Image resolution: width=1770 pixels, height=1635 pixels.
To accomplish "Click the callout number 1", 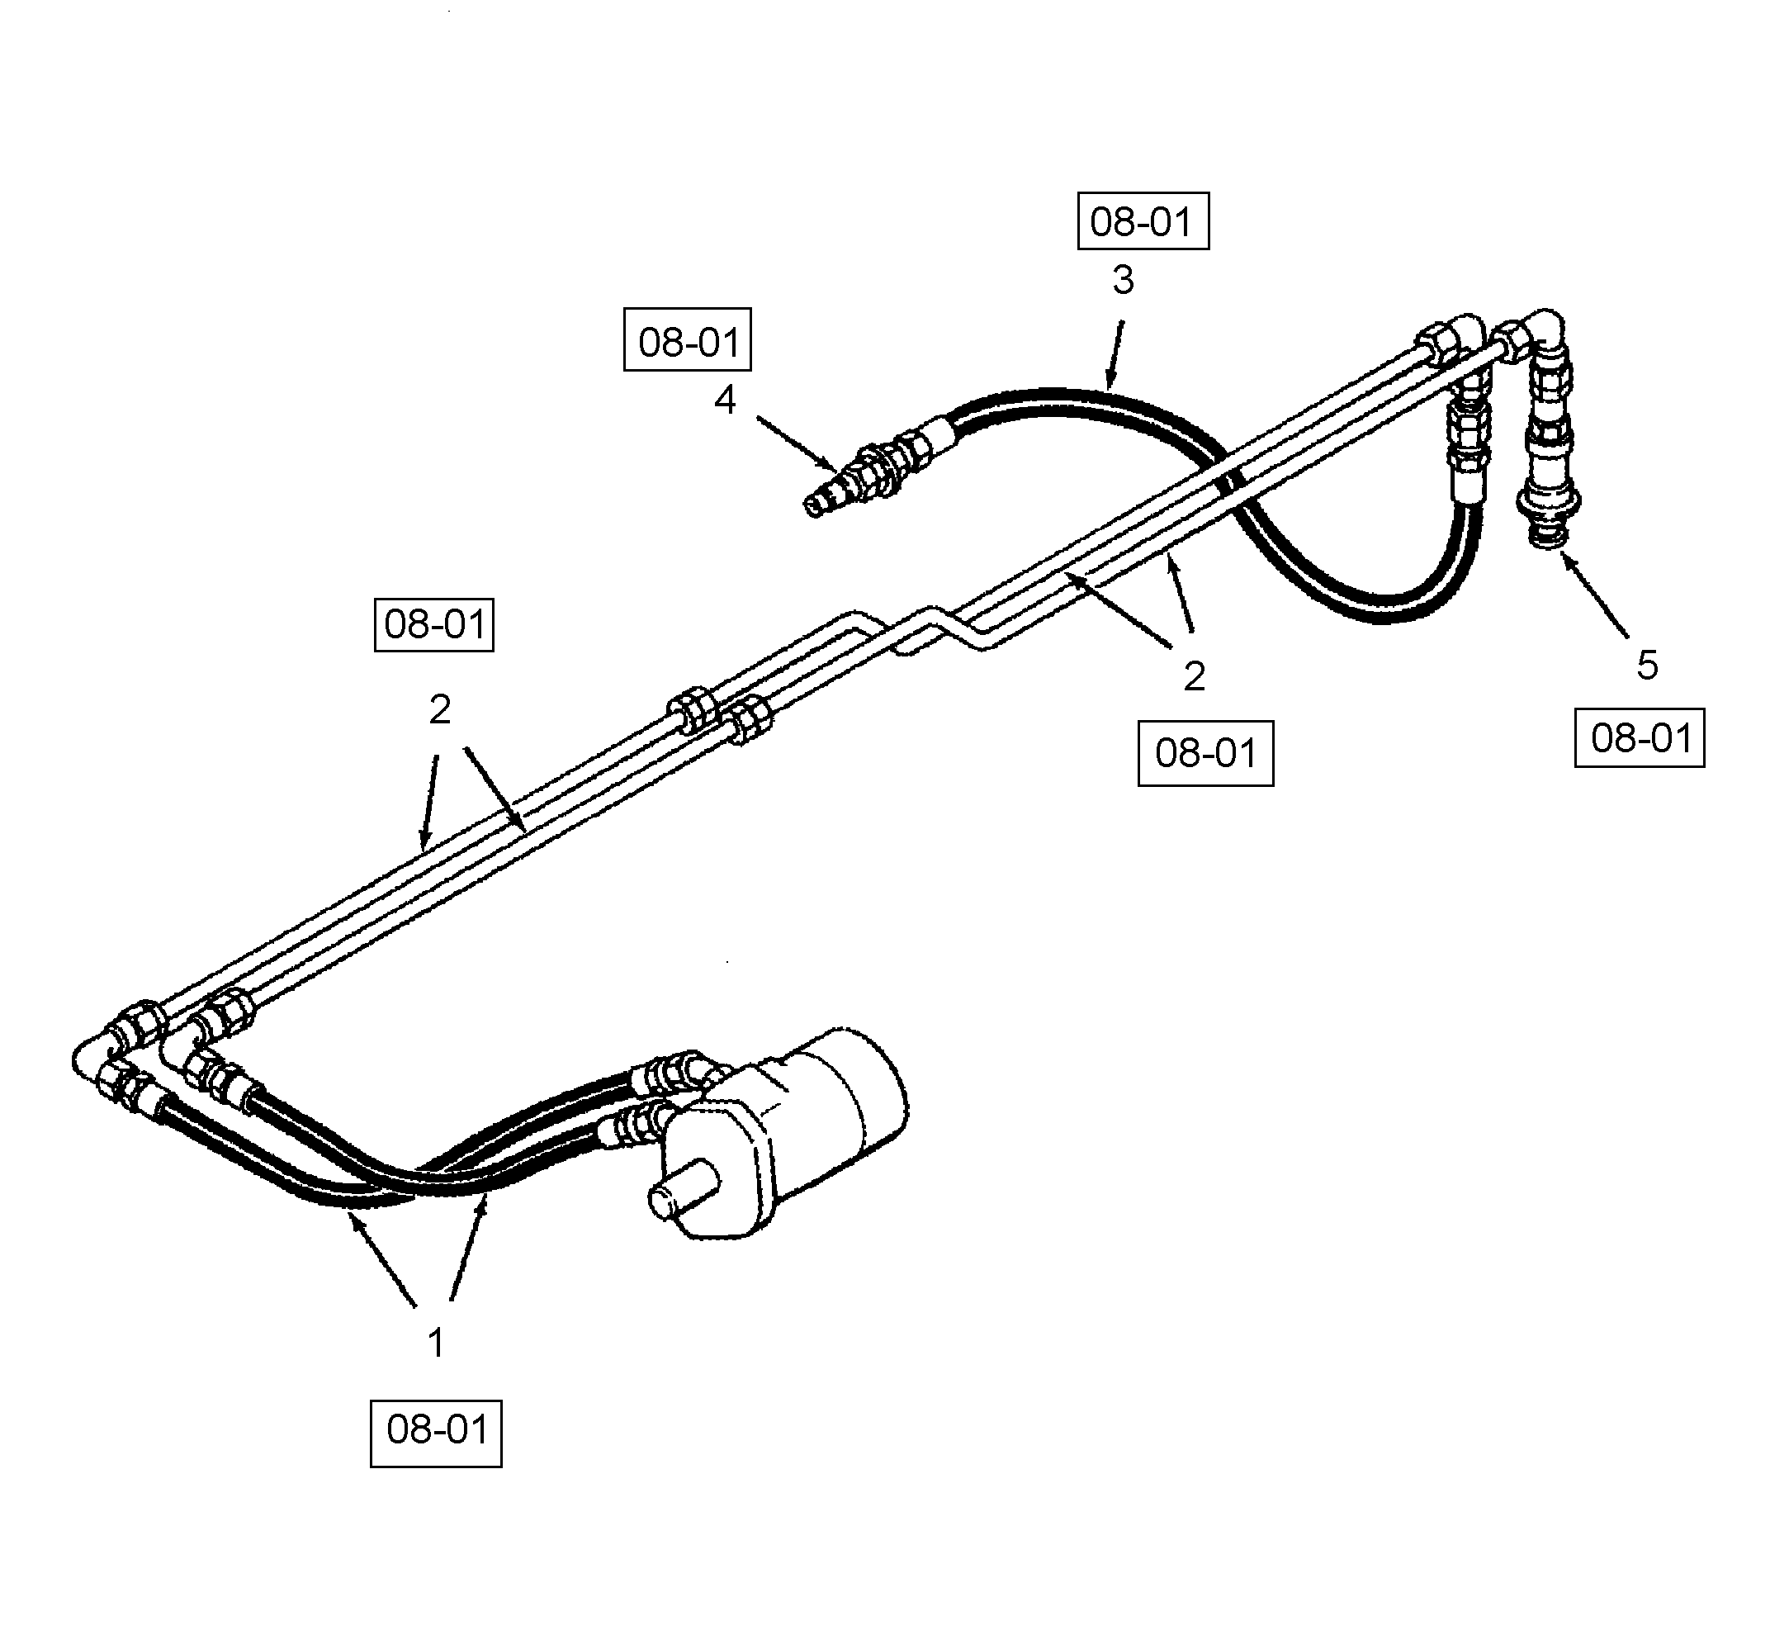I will click(x=435, y=1343).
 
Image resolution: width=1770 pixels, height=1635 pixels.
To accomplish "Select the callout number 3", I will click(x=1123, y=281).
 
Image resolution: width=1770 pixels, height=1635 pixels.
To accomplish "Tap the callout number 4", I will click(x=725, y=400).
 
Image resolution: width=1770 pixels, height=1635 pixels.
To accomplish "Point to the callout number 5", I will click(x=1646, y=666).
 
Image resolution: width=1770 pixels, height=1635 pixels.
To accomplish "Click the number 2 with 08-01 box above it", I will click(x=440, y=709).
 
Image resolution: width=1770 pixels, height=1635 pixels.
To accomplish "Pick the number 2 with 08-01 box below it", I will click(x=1194, y=677).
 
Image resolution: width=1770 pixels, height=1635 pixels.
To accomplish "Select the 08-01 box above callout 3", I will click(x=1142, y=221).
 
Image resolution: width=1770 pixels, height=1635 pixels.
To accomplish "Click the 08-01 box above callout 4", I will click(x=688, y=339).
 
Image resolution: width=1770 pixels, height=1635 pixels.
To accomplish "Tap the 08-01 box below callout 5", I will click(x=1639, y=738).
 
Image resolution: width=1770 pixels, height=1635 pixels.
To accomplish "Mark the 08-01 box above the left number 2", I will click(x=433, y=624).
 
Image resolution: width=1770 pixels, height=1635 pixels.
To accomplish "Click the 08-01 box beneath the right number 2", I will click(x=1204, y=753).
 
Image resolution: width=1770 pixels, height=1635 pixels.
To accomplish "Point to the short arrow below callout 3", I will click(x=1115, y=354).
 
